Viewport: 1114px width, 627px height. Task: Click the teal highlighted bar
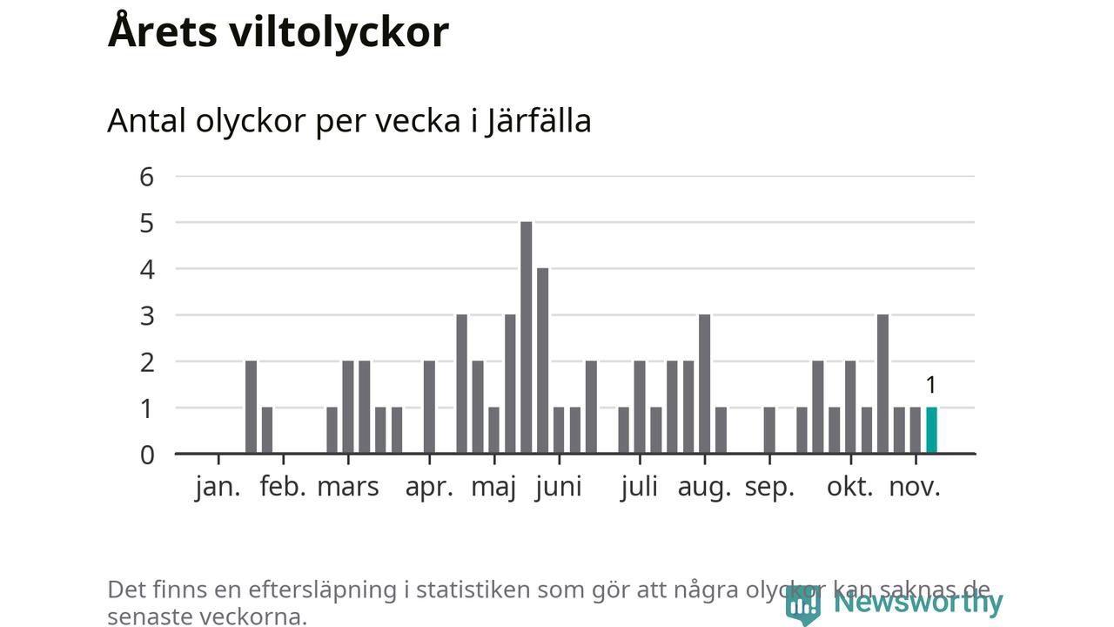pyautogui.click(x=931, y=430)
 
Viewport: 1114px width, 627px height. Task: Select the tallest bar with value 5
pyautogui.click(x=526, y=338)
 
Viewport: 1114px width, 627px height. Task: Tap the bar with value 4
pyautogui.click(x=542, y=361)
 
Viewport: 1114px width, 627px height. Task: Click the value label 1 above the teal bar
pyautogui.click(x=930, y=385)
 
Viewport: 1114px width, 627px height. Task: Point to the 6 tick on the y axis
pyautogui.click(x=146, y=177)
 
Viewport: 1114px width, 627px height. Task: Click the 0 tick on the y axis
pyautogui.click(x=146, y=454)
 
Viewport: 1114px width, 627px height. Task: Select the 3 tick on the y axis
pyautogui.click(x=146, y=315)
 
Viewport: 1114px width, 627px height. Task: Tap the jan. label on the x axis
pyautogui.click(x=218, y=487)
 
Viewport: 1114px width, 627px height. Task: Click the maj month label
pyautogui.click(x=493, y=487)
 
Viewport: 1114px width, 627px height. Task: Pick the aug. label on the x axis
pyautogui.click(x=704, y=487)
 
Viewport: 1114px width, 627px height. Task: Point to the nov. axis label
pyautogui.click(x=915, y=487)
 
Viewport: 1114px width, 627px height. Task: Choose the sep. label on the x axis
pyautogui.click(x=769, y=487)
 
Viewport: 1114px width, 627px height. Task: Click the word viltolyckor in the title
pyautogui.click(x=339, y=32)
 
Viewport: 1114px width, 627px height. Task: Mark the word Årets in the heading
pyautogui.click(x=162, y=32)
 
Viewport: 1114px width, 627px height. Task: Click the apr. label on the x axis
pyautogui.click(x=429, y=487)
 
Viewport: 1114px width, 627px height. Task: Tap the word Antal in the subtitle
pyautogui.click(x=146, y=120)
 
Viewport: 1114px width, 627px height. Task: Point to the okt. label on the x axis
pyautogui.click(x=849, y=487)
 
